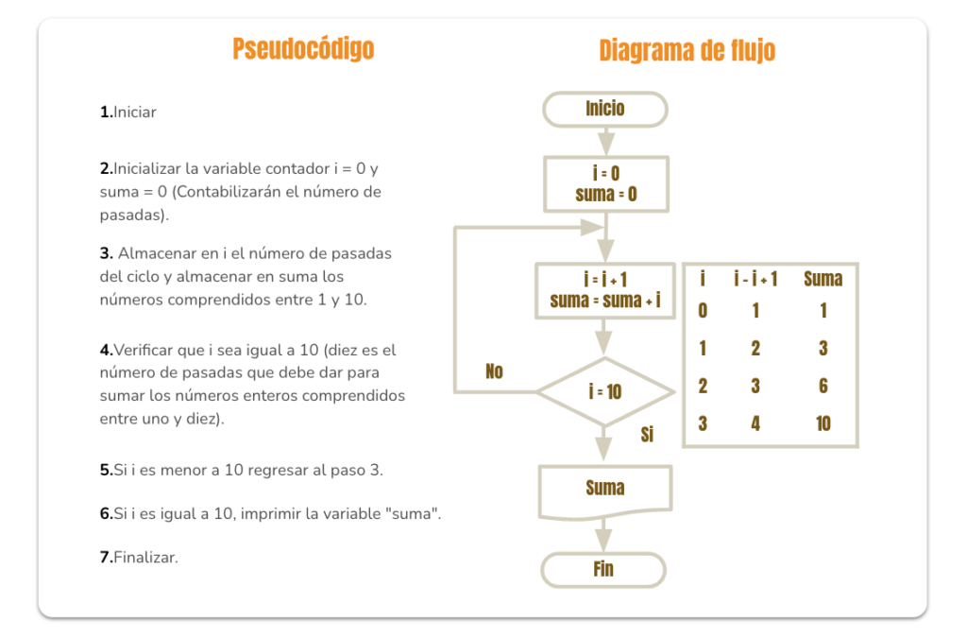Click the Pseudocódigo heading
(x=303, y=49)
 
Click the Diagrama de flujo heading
(x=687, y=50)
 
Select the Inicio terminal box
(x=605, y=110)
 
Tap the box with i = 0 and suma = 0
(x=606, y=184)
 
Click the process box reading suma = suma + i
(x=605, y=290)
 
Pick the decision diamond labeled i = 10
(x=605, y=391)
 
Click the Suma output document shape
(x=605, y=491)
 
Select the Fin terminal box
(x=603, y=570)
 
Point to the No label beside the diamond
(x=494, y=371)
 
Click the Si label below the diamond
(x=647, y=435)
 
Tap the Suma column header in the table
(x=823, y=279)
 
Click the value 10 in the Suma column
(x=823, y=423)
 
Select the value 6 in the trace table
(x=823, y=386)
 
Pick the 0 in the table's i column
(x=703, y=310)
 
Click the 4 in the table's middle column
(x=755, y=423)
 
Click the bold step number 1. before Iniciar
(x=106, y=112)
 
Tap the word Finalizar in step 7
(x=145, y=558)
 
